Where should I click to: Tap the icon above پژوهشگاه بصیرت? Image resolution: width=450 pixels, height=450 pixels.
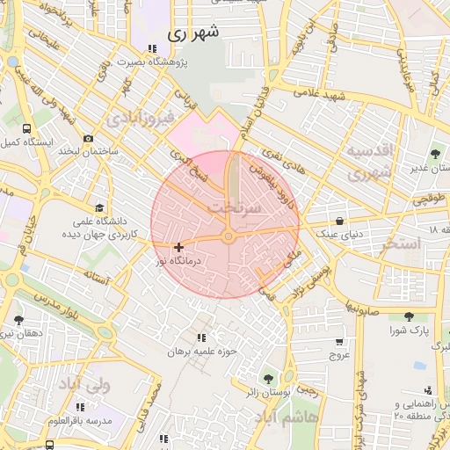153,49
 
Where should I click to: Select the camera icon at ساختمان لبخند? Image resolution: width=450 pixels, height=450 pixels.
88,138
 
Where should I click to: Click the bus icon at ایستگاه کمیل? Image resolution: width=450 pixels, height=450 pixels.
25,128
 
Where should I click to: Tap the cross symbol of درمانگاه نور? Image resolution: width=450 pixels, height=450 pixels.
179,248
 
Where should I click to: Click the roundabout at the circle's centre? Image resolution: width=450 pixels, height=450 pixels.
228,236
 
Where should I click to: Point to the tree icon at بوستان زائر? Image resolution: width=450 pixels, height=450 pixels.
267,378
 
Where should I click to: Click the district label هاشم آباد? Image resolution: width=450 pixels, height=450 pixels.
298,418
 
